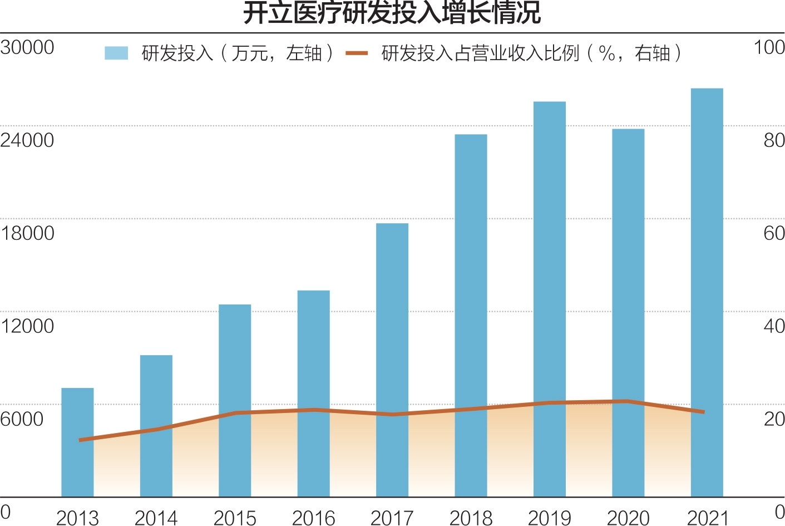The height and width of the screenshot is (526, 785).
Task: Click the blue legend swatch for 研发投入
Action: tap(116, 53)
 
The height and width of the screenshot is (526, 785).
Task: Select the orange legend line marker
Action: tap(357, 53)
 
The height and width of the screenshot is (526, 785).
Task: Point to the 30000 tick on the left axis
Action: tap(27, 47)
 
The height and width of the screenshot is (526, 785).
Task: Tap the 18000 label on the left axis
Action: tap(27, 233)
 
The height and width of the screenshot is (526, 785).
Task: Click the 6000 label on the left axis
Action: tap(22, 419)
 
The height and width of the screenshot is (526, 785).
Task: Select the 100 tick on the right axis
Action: tap(769, 47)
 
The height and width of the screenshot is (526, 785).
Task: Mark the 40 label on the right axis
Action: tap(774, 326)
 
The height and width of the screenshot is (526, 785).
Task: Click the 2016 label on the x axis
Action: tap(314, 518)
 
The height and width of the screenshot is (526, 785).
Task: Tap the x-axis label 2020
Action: tap(628, 518)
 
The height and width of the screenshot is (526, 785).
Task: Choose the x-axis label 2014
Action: tap(156, 518)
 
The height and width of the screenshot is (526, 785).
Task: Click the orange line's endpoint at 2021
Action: tap(704, 412)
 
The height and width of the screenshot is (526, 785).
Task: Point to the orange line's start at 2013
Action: tap(81, 440)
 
